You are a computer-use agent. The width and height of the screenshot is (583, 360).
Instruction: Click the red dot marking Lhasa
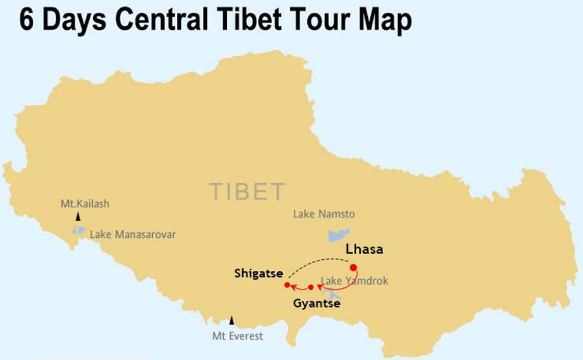pyautogui.click(x=353, y=267)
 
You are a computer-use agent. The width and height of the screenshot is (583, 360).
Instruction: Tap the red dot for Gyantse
pyautogui.click(x=311, y=287)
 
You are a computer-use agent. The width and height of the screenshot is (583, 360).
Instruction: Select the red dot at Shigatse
pyautogui.click(x=287, y=285)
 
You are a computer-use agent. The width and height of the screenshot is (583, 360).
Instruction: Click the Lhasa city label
pyautogui.click(x=364, y=249)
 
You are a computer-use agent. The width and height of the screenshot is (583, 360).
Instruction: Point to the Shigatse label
pyautogui.click(x=258, y=273)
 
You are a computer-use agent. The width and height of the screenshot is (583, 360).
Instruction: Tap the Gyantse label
pyautogui.click(x=317, y=303)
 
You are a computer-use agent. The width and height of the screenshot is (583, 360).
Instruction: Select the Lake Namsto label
pyautogui.click(x=324, y=214)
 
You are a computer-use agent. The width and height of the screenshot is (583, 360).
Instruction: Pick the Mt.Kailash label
pyautogui.click(x=85, y=204)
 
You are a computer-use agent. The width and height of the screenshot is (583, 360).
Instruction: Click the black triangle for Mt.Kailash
pyautogui.click(x=77, y=217)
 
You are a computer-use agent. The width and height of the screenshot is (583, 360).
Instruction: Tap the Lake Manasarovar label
pyautogui.click(x=132, y=235)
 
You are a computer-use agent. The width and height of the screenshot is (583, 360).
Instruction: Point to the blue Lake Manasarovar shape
pyautogui.click(x=78, y=230)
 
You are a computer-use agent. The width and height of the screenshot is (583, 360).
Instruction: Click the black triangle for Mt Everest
pyautogui.click(x=231, y=320)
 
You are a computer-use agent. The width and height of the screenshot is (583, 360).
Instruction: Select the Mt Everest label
pyautogui.click(x=237, y=336)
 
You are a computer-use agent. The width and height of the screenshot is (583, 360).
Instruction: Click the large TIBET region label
pyautogui.click(x=247, y=192)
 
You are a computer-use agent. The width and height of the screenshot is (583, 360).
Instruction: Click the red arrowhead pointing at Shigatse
pyautogui.click(x=293, y=287)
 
